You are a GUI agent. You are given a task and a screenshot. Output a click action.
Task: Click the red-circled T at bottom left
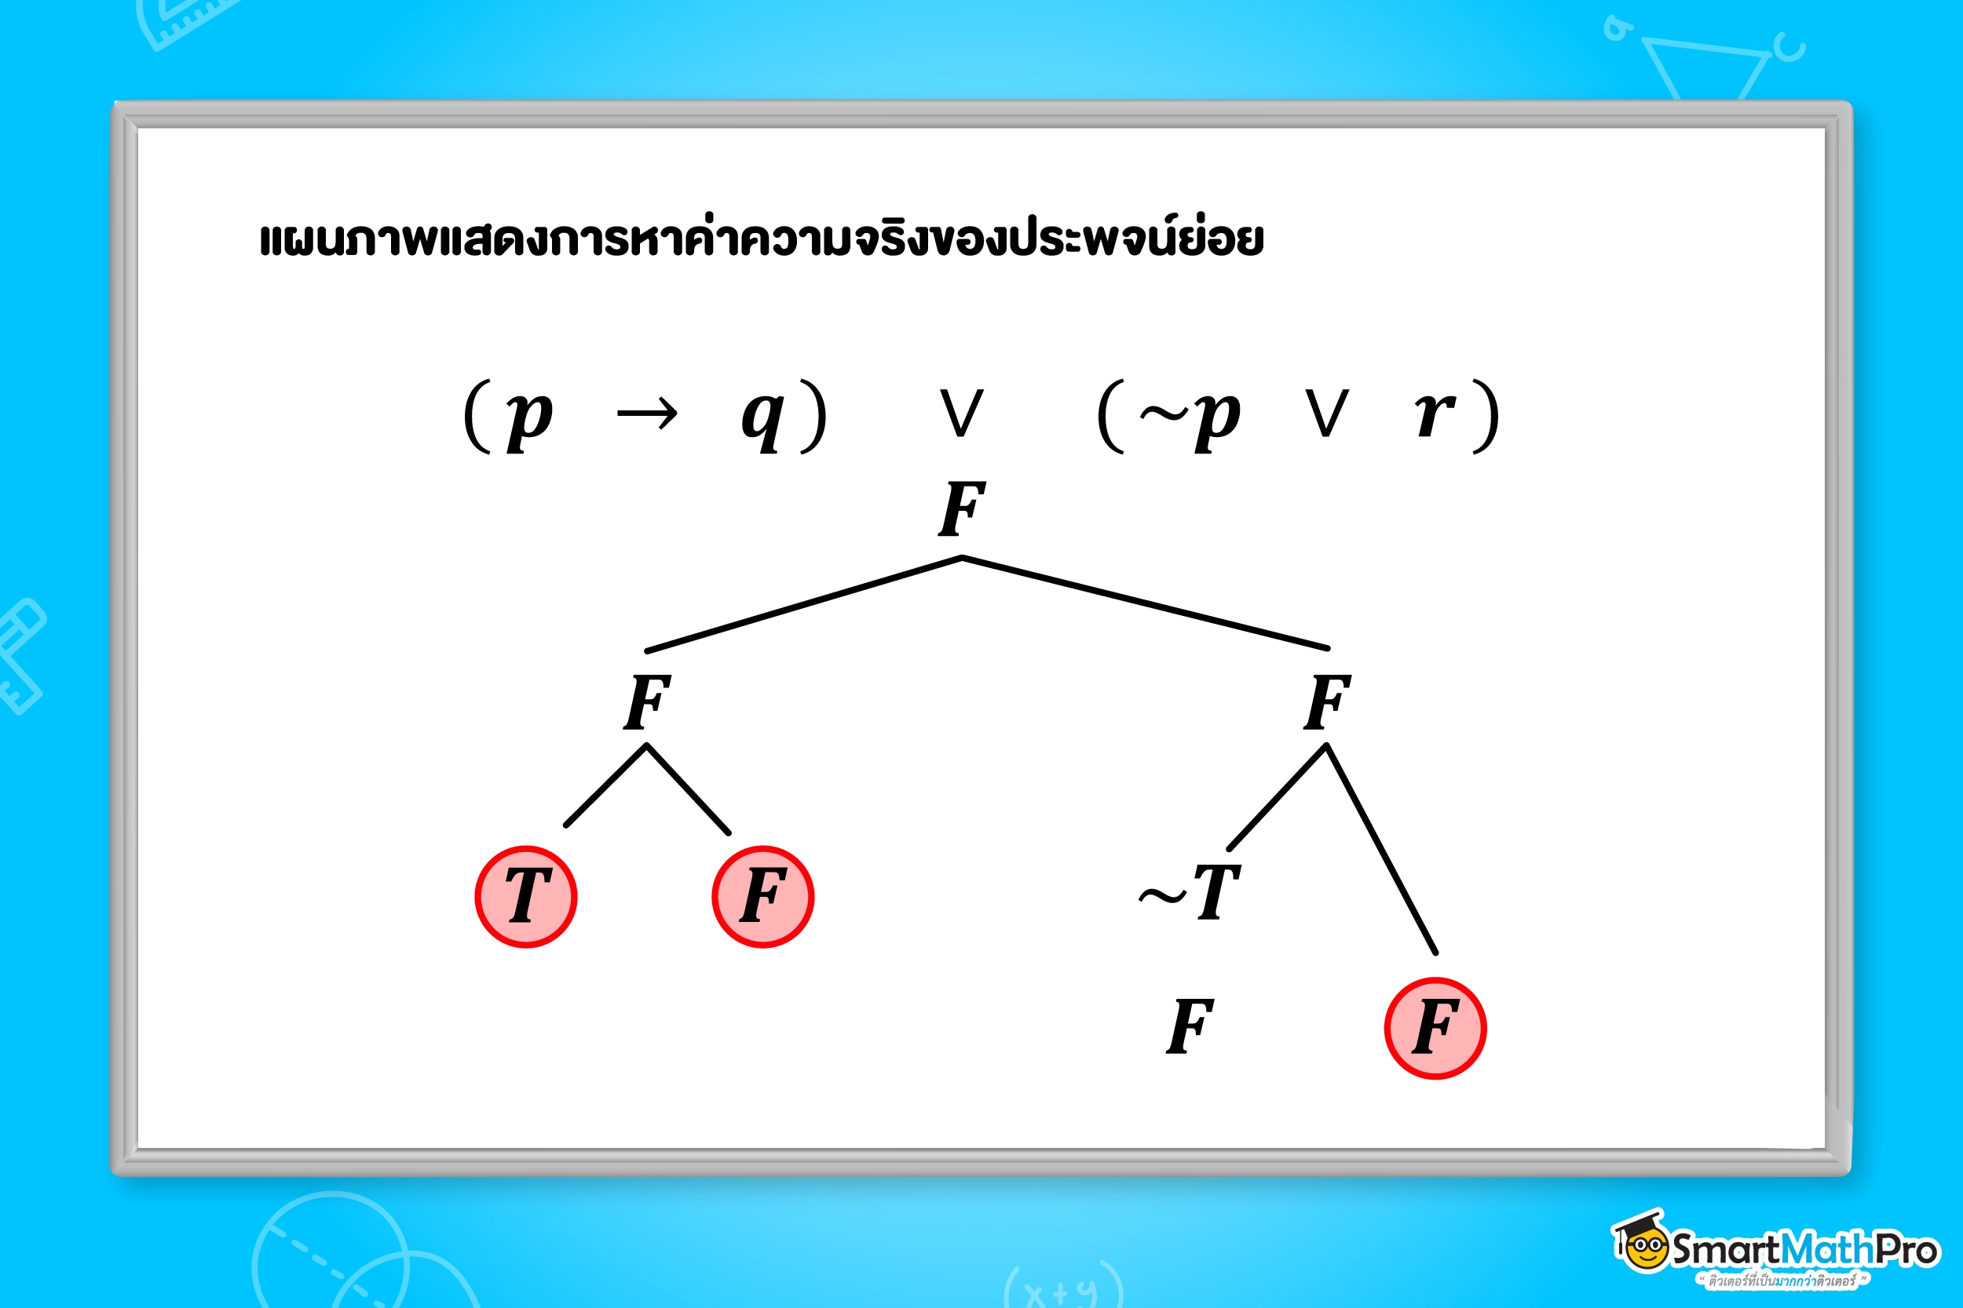click(526, 897)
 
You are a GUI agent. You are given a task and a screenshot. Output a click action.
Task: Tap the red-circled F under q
click(763, 897)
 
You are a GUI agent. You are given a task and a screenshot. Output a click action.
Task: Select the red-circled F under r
click(1435, 1028)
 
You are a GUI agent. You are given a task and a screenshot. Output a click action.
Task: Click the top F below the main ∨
click(961, 509)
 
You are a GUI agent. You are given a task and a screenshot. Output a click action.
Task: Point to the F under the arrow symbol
click(647, 701)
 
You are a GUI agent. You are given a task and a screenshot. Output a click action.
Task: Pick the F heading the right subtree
click(1327, 701)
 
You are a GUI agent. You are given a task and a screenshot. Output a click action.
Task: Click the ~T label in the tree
click(1192, 893)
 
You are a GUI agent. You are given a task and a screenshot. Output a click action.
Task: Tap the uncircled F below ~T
click(1190, 1026)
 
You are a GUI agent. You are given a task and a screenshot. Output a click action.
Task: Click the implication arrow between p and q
click(647, 414)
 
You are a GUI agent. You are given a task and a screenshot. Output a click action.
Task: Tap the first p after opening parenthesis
click(529, 417)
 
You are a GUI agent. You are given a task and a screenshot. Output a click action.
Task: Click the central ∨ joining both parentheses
click(961, 413)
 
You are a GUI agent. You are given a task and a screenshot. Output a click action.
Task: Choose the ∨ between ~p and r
click(1326, 413)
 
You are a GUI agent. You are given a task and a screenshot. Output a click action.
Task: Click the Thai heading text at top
click(761, 239)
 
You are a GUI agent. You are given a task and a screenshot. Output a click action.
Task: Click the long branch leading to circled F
click(1381, 849)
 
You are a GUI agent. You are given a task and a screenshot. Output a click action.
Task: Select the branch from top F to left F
click(803, 605)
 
